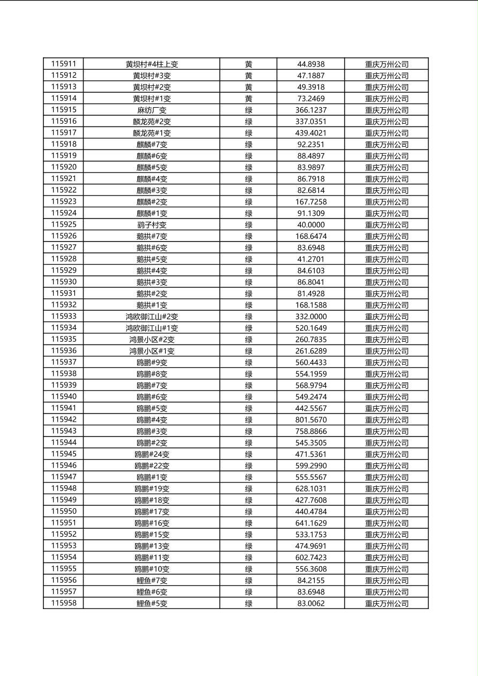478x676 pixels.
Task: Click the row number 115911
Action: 64,64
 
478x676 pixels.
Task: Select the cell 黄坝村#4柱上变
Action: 152,64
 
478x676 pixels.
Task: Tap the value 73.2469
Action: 311,99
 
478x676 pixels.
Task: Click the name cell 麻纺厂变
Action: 152,110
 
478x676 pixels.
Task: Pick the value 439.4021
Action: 311,133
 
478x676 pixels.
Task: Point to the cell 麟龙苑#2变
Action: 152,122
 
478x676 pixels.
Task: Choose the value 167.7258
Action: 311,202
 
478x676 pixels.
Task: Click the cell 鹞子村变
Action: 152,225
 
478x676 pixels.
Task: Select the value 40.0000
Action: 311,225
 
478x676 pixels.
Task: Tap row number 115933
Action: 64,316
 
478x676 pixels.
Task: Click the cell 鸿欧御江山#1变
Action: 152,328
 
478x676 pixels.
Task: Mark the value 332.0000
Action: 311,317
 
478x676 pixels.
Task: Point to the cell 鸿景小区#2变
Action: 152,340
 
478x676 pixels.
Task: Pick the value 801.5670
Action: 311,420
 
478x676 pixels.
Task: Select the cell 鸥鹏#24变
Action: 152,454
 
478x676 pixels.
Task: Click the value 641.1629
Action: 311,523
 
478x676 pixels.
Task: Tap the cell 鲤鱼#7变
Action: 152,581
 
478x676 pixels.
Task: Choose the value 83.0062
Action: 311,604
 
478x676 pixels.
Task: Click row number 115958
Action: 64,603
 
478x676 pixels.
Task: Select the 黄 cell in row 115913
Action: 249,87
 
